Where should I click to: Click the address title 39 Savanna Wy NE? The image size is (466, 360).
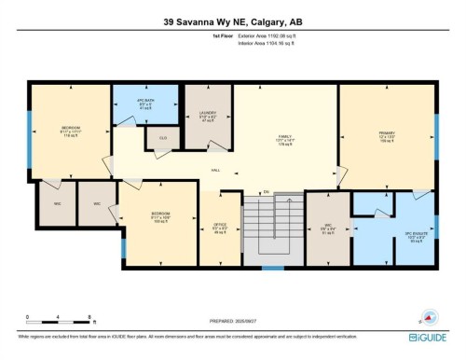tap(232, 21)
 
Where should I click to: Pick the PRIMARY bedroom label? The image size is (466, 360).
tap(387, 135)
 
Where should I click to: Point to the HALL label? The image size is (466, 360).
tap(215, 171)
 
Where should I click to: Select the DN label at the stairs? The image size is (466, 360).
tap(266, 192)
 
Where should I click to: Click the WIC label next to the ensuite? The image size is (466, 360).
tap(327, 225)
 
